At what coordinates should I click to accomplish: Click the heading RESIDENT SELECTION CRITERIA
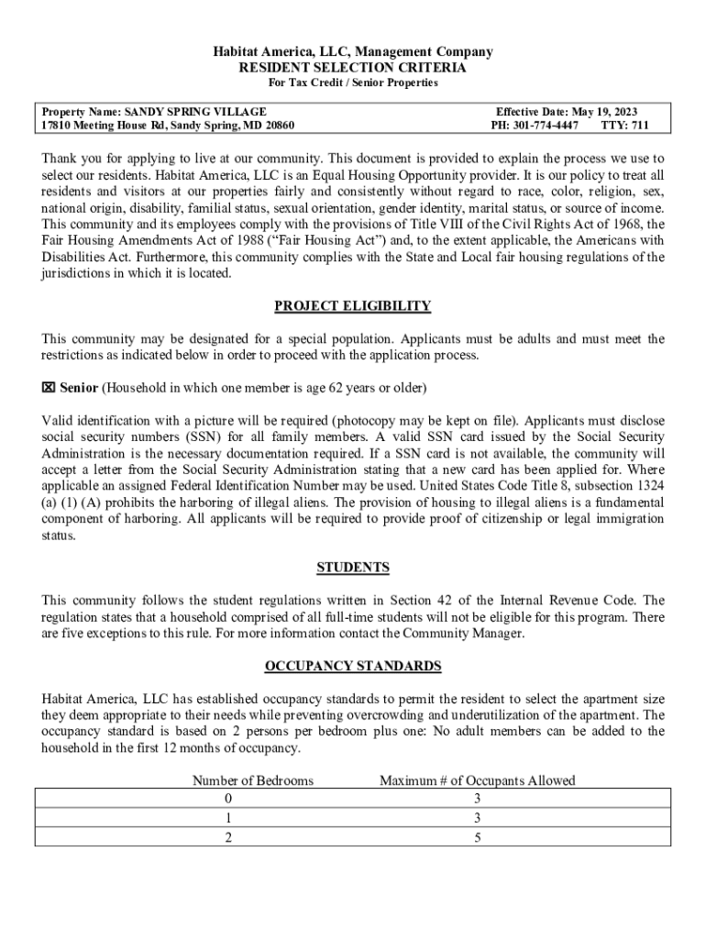[x=353, y=68]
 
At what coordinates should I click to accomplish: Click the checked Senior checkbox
[x=49, y=387]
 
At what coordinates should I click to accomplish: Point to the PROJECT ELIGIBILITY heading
[x=353, y=306]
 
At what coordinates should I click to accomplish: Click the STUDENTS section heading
[x=353, y=568]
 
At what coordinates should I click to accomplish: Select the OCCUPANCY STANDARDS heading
[x=353, y=666]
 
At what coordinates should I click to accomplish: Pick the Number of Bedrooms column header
[x=253, y=780]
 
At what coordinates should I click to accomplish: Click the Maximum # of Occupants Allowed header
[x=478, y=780]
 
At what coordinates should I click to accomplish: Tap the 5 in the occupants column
[x=478, y=837]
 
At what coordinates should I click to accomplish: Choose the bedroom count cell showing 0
[x=229, y=799]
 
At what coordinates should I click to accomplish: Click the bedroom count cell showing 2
[x=229, y=837]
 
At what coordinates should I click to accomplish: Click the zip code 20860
[x=277, y=125]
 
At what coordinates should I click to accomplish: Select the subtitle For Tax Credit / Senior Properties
[x=353, y=83]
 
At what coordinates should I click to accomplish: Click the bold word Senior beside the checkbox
[x=79, y=387]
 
